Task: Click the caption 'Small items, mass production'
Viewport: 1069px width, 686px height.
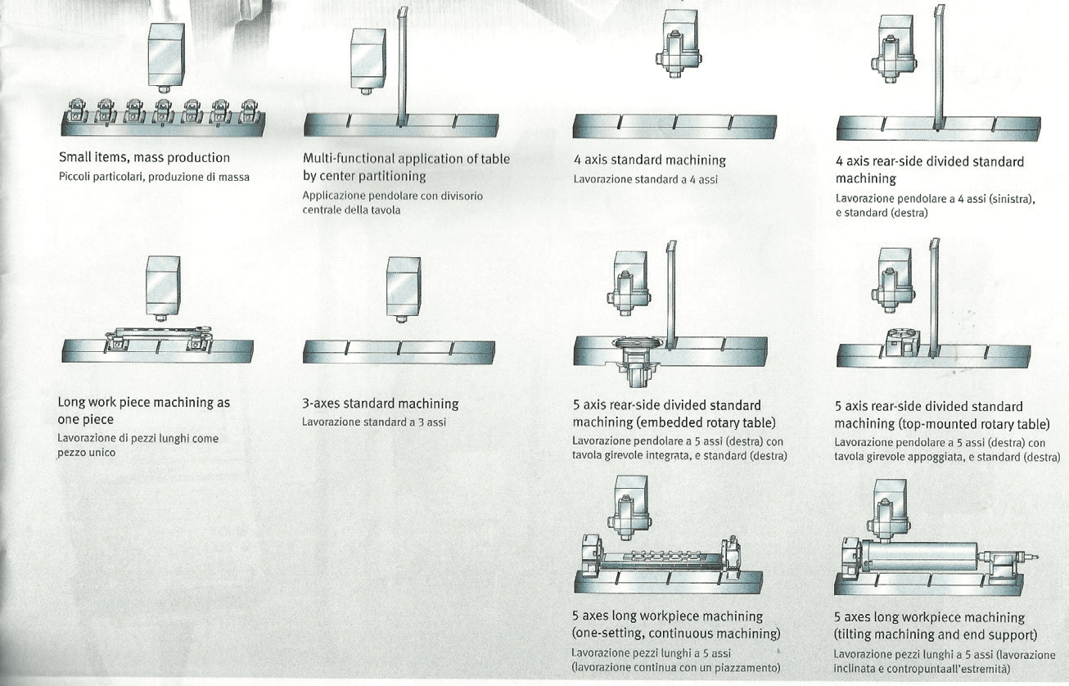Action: click(144, 158)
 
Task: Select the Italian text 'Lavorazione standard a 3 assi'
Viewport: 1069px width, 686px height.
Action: click(374, 422)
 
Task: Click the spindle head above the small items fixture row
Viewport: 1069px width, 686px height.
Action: click(166, 57)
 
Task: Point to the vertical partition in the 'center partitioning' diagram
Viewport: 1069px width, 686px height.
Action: click(402, 67)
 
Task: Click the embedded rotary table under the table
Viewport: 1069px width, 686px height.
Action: click(637, 363)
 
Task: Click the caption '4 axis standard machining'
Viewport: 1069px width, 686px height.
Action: click(650, 160)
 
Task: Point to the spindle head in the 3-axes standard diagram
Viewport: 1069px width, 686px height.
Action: click(404, 290)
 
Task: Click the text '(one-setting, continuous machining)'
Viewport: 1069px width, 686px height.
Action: click(676, 634)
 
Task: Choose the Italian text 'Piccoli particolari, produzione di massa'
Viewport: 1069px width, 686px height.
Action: click(154, 177)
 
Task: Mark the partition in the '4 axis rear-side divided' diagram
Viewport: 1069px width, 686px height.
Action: click(939, 68)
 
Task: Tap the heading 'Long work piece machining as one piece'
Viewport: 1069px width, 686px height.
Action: click(143, 411)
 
